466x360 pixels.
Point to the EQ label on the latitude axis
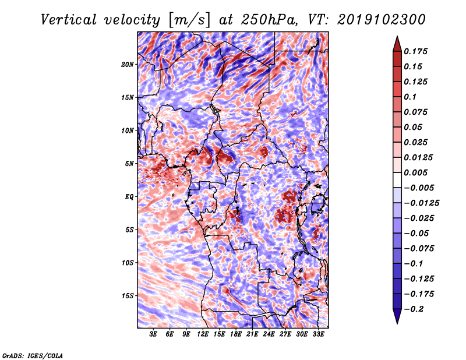(130, 197)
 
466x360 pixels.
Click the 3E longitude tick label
(154, 334)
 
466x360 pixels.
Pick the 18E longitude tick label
(236, 334)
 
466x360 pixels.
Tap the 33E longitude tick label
(318, 334)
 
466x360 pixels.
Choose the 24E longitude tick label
(269, 334)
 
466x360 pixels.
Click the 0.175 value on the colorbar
(416, 51)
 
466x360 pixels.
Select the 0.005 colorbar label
(416, 173)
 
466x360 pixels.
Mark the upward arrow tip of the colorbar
(397, 38)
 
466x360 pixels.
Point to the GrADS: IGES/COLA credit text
(33, 355)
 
